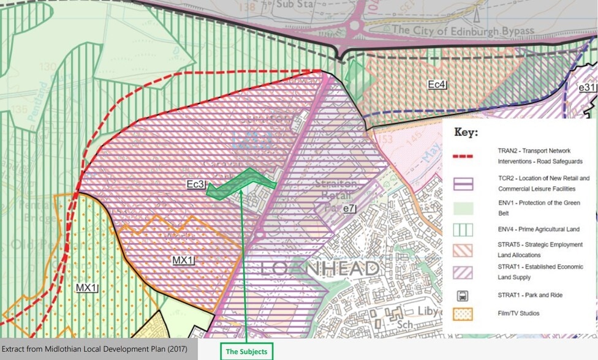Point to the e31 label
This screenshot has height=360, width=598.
(588, 88)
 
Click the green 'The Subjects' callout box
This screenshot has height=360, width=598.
(247, 351)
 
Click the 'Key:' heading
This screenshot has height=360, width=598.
(466, 132)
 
